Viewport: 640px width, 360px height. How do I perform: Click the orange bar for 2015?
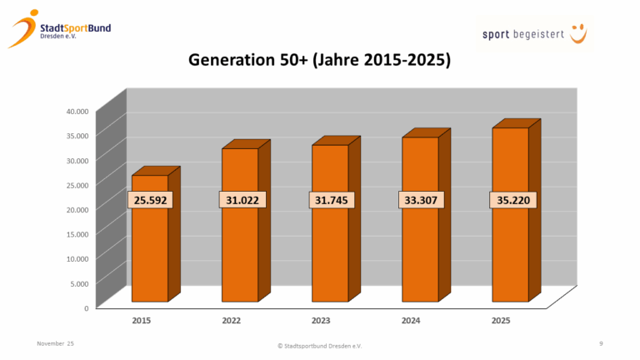pyautogui.click(x=150, y=250)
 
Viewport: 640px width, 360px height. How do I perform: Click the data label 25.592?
pyautogui.click(x=150, y=200)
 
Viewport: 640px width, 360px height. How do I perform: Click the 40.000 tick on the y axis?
pyautogui.click(x=77, y=111)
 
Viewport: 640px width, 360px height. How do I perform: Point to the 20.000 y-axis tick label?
pyautogui.click(x=77, y=209)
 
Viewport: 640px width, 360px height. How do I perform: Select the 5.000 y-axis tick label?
pyautogui.click(x=79, y=283)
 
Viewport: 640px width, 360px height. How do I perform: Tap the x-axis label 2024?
pyautogui.click(x=411, y=321)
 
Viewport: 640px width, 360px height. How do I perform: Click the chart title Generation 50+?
pyautogui.click(x=319, y=61)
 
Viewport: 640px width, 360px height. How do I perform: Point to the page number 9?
pyautogui.click(x=601, y=343)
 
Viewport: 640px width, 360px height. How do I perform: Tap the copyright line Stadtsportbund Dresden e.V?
pyautogui.click(x=319, y=345)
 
